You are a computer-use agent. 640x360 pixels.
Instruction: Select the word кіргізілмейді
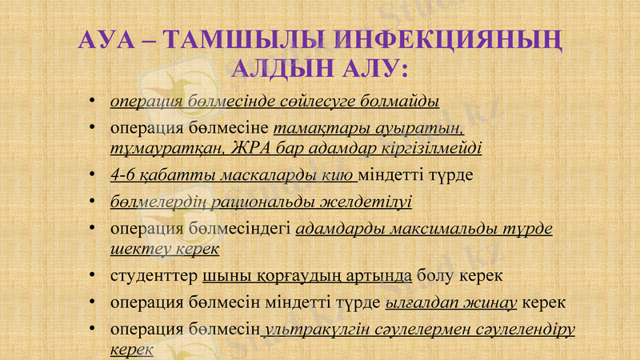(427, 149)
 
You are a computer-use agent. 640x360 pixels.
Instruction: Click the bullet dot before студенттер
(94, 277)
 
